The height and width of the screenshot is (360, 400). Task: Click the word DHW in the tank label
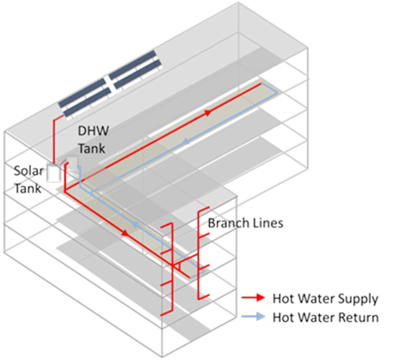(94, 131)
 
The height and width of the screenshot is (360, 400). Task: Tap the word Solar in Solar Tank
(28, 171)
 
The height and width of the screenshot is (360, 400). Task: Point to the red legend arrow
(253, 298)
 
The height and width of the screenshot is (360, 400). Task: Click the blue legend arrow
(253, 316)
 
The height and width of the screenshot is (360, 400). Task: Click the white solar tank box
(53, 173)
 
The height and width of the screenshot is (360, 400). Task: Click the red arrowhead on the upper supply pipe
(208, 112)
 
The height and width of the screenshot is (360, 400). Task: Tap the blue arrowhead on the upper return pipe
(186, 141)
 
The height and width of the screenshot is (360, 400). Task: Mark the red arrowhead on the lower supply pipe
(126, 233)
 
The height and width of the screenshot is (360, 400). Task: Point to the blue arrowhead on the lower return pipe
(134, 224)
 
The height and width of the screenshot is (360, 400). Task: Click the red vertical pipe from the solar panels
(53, 139)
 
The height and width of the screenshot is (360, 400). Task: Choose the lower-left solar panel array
(85, 97)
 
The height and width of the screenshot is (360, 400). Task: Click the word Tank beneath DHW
(92, 148)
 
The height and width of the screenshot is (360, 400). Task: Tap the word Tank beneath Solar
(28, 189)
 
